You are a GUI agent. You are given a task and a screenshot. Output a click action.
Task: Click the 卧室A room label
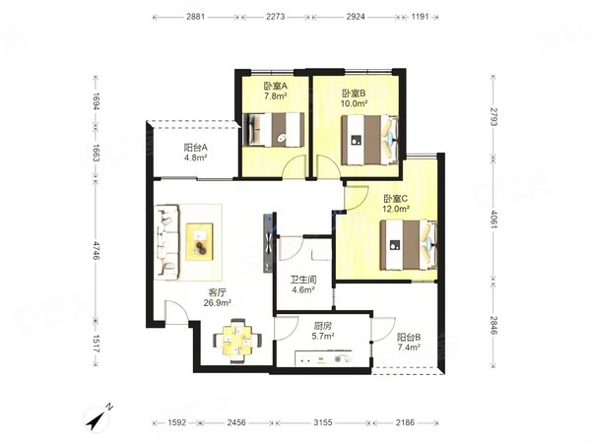click(x=275, y=85)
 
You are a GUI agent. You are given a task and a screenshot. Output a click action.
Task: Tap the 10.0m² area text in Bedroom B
click(x=354, y=102)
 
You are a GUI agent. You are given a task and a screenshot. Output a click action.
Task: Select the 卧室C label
click(x=395, y=198)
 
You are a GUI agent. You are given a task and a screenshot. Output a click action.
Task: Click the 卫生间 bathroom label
click(x=303, y=280)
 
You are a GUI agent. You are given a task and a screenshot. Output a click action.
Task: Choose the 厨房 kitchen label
click(x=322, y=326)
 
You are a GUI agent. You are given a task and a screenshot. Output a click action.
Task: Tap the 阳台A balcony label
click(x=196, y=148)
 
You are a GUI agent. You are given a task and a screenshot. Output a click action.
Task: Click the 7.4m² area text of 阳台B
click(x=409, y=347)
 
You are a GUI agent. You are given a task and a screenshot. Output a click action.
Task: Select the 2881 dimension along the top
click(x=195, y=17)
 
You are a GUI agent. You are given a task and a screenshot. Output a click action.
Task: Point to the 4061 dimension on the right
click(x=493, y=219)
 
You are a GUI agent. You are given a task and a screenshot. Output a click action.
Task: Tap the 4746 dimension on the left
click(x=97, y=250)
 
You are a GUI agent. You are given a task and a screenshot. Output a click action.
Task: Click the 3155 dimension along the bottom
click(x=323, y=422)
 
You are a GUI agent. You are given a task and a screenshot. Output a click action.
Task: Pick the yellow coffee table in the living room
click(x=199, y=242)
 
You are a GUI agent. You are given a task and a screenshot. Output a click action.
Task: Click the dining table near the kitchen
click(x=236, y=341)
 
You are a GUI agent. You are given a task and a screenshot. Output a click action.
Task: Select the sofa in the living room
click(x=166, y=242)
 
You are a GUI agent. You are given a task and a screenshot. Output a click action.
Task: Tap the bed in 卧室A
click(x=274, y=130)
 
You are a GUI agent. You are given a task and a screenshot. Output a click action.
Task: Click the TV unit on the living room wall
click(x=268, y=243)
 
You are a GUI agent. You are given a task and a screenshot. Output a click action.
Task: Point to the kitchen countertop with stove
click(x=323, y=358)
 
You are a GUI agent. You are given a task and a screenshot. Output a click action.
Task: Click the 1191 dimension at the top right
click(x=420, y=17)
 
